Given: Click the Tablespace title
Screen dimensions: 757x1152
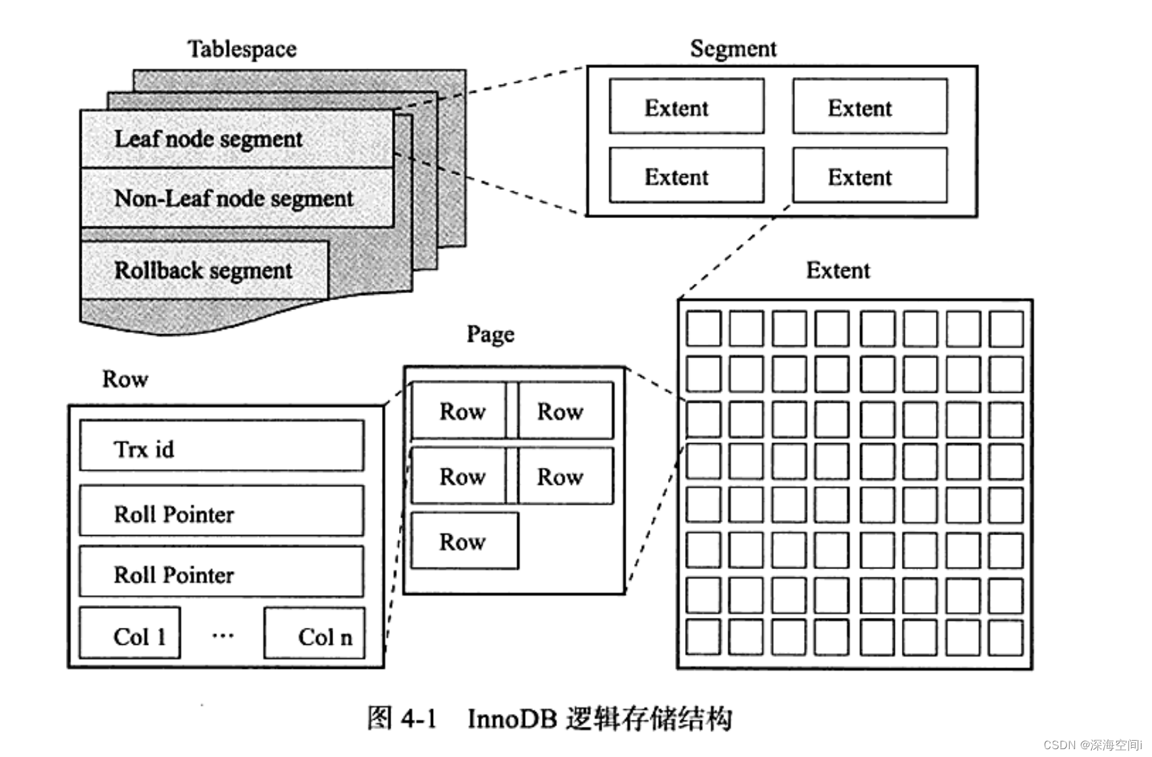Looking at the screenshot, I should pyautogui.click(x=242, y=49).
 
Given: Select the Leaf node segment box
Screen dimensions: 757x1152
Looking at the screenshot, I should pyautogui.click(x=236, y=138).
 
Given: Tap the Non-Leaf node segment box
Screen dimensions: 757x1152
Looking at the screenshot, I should pyautogui.click(x=236, y=198).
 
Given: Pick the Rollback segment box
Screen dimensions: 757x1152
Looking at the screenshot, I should pyautogui.click(x=204, y=270).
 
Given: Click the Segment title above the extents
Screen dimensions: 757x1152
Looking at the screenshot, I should pyautogui.click(x=733, y=48).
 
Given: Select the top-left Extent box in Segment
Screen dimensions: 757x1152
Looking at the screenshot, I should pyautogui.click(x=686, y=106).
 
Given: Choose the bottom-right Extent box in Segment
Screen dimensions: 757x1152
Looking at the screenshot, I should pyautogui.click(x=869, y=176).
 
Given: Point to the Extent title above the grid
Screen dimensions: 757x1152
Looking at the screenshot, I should pyautogui.click(x=837, y=270).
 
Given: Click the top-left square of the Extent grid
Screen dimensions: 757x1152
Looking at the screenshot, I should pyautogui.click(x=703, y=328).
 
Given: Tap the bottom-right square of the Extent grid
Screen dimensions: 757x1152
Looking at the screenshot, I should pyautogui.click(x=1005, y=638).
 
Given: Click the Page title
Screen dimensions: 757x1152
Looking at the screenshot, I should pyautogui.click(x=490, y=334).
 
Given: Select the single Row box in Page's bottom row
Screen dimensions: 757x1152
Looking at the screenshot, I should pyautogui.click(x=464, y=541).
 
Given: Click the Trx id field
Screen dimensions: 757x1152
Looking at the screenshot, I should pyautogui.click(x=221, y=446).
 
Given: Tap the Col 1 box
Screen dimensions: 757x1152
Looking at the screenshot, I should pyautogui.click(x=130, y=634).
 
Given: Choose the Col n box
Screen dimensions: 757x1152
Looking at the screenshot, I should pyautogui.click(x=314, y=634).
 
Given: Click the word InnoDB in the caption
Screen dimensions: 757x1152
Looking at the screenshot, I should pyautogui.click(x=512, y=718).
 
